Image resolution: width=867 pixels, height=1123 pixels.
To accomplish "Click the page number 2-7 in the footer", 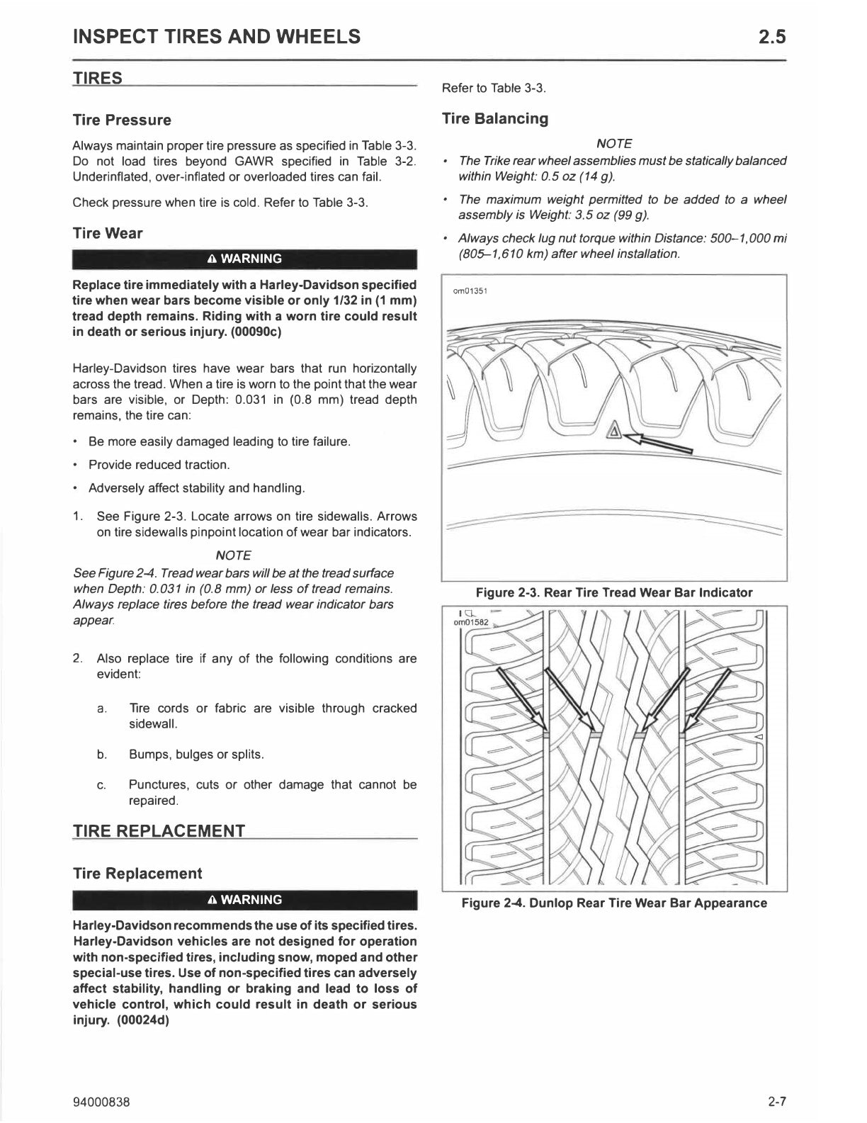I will tap(776, 1102).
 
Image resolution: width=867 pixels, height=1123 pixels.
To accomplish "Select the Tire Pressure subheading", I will tap(122, 120).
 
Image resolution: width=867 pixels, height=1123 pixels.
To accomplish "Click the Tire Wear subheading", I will tap(108, 233).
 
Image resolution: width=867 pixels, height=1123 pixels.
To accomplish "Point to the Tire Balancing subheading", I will tap(495, 118).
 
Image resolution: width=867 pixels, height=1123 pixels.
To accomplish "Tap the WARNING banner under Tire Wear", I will tap(244, 259).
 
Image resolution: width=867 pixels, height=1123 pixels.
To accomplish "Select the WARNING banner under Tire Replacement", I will tap(244, 900).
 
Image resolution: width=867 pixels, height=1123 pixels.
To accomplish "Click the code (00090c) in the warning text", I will tap(256, 332).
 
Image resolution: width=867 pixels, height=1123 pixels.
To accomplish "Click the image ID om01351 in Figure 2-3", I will tap(470, 290).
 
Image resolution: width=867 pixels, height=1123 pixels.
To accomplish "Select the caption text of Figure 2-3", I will tap(613, 592).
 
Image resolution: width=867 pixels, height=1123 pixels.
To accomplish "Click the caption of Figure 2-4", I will tap(613, 903).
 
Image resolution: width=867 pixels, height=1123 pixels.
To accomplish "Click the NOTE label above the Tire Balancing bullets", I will tap(614, 143).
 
